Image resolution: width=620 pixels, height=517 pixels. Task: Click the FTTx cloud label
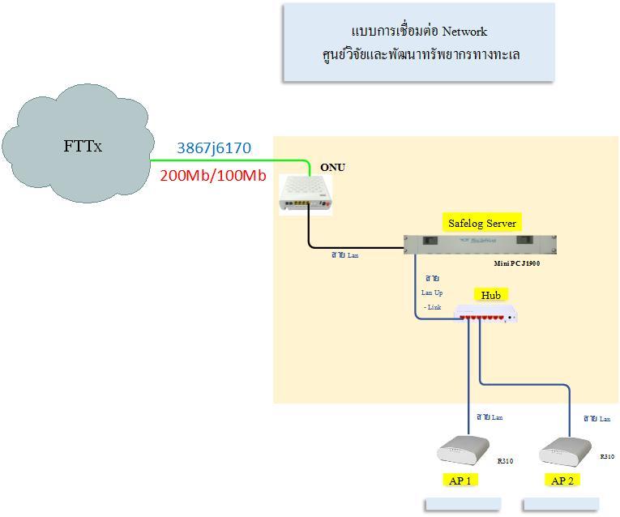click(x=83, y=147)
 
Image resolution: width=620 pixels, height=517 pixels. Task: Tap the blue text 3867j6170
click(x=214, y=148)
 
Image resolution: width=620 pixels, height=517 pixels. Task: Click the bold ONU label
click(x=332, y=167)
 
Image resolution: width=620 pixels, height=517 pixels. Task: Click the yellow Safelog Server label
click(x=481, y=223)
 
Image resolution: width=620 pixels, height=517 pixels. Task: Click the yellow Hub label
click(x=491, y=295)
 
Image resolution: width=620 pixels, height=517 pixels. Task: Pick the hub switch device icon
click(x=485, y=314)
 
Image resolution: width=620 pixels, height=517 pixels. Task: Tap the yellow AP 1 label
click(x=460, y=480)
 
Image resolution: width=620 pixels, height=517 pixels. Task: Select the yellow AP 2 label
click(x=562, y=481)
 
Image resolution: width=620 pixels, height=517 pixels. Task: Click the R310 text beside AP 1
click(x=505, y=461)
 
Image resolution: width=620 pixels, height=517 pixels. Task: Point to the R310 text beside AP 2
click(x=607, y=457)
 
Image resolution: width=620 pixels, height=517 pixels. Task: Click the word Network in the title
click(x=464, y=32)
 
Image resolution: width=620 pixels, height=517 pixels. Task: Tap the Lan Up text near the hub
click(x=432, y=293)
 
